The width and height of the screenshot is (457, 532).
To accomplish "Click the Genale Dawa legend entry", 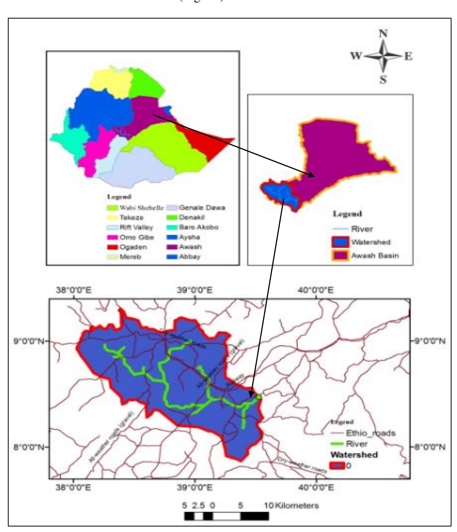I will coord(202,208).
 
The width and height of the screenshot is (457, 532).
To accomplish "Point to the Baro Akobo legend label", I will coord(198,227).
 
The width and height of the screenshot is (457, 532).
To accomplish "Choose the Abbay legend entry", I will coord(190,257).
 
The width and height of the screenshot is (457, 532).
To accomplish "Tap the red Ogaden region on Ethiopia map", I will coord(207,141).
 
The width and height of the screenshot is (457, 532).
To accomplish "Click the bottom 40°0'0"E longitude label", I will coord(316,488).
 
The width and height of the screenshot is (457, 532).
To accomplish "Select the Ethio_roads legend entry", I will coord(370,433).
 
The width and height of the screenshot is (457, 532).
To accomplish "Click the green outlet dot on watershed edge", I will coord(259,397).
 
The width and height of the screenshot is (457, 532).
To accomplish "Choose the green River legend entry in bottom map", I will coord(357,444).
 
